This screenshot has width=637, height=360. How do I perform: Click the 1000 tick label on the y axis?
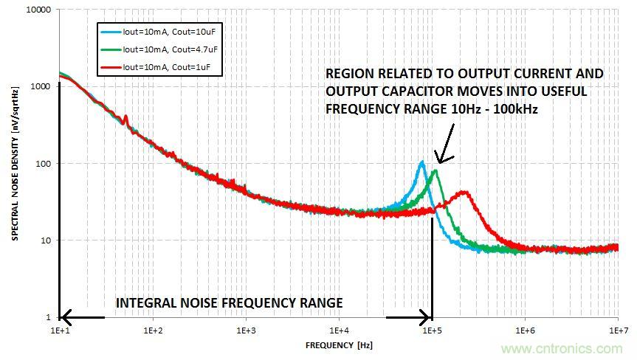(x=42, y=87)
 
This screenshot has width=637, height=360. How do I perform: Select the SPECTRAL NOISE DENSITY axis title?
(x=15, y=164)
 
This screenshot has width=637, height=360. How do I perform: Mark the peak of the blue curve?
(x=422, y=162)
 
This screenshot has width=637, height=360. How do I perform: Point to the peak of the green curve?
(x=435, y=172)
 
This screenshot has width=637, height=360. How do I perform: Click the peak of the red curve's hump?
(x=464, y=193)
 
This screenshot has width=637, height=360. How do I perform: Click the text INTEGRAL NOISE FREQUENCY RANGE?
(x=229, y=302)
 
